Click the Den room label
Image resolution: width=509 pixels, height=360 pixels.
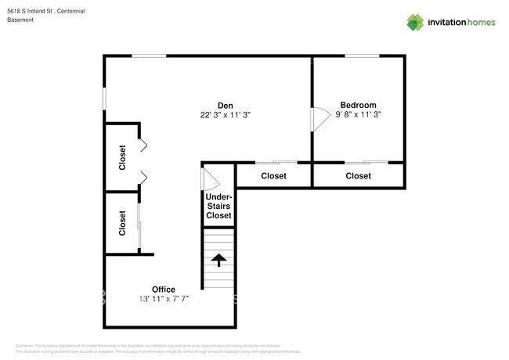click(x=225, y=105)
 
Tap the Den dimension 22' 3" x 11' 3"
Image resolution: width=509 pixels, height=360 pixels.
click(x=225, y=114)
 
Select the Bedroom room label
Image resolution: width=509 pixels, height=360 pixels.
click(x=358, y=105)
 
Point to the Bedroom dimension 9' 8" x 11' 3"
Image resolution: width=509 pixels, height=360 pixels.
click(x=358, y=114)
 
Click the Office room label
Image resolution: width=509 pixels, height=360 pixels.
click(x=164, y=289)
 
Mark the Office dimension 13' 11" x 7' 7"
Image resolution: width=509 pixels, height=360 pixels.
click(x=164, y=298)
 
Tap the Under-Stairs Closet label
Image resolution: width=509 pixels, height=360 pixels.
click(x=218, y=206)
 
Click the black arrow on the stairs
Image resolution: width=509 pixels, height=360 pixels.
click(x=218, y=260)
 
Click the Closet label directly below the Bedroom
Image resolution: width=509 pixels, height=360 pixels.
click(x=358, y=176)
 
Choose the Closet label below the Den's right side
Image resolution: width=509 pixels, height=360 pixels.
click(x=273, y=176)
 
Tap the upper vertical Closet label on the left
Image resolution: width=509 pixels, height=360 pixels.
click(x=122, y=157)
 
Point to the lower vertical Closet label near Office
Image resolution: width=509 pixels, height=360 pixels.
click(x=122, y=223)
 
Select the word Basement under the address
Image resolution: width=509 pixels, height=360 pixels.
click(x=20, y=20)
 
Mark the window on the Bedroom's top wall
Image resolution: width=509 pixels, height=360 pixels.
click(x=362, y=56)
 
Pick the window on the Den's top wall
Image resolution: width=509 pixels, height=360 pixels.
click(x=149, y=56)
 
